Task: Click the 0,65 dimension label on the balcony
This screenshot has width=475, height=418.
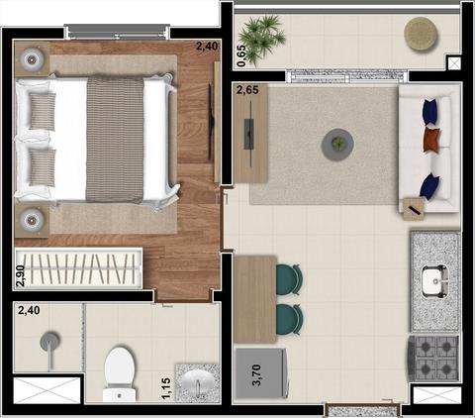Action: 241,55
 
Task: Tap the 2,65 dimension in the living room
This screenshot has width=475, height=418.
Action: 247,90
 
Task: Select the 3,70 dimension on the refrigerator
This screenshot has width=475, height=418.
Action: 256,374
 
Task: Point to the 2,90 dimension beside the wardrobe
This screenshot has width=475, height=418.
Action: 21,275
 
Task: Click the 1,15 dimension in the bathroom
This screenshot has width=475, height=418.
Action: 167,389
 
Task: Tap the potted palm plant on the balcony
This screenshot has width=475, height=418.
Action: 261,39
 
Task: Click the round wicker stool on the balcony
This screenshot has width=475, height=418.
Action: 422,34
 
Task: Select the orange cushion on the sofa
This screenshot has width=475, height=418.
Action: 432,140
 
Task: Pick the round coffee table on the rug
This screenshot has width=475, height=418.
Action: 337,145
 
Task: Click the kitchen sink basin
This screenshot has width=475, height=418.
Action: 435,281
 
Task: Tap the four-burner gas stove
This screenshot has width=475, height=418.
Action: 433,359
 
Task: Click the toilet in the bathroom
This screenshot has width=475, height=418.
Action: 120,373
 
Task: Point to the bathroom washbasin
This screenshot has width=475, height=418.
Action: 197,383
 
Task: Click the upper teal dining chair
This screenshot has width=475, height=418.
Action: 289,279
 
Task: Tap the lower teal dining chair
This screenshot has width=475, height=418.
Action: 289,320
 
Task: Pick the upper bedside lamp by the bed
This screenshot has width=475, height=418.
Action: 31,59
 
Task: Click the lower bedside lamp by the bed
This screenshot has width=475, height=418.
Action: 31,220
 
